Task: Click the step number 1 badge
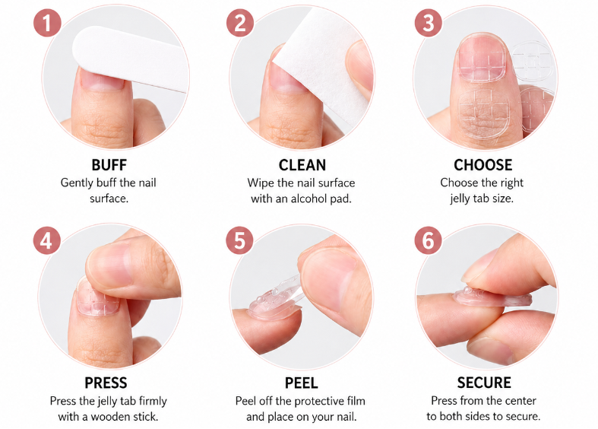click(47, 23)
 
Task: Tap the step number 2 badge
click(240, 23)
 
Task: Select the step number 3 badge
click(429, 23)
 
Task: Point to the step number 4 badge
click(46, 241)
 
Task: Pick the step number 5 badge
click(240, 241)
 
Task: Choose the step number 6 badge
click(429, 241)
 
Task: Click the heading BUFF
click(109, 165)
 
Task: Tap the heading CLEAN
click(302, 165)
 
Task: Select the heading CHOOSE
click(483, 165)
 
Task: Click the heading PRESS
click(106, 383)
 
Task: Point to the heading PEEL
click(302, 383)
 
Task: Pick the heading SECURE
click(484, 383)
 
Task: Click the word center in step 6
click(520, 401)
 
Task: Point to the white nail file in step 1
click(130, 58)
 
